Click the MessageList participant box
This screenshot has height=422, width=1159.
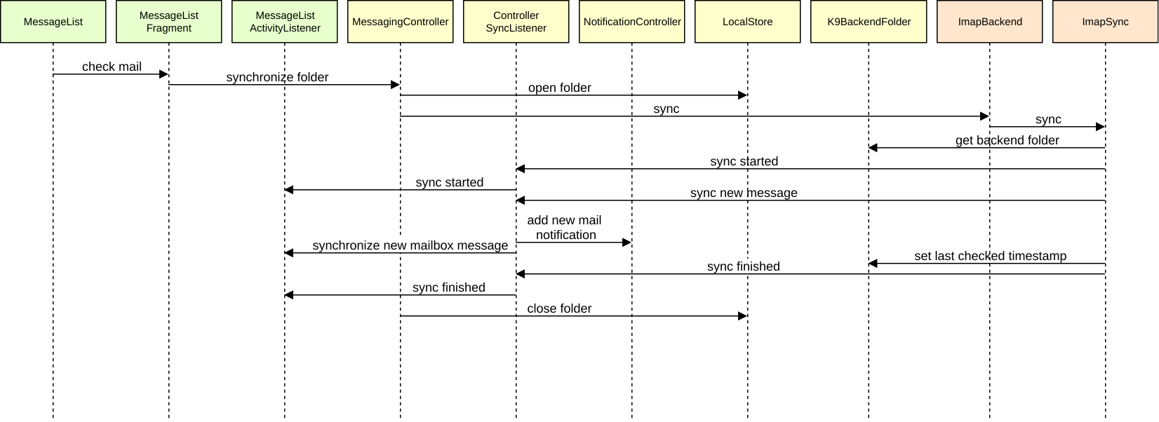point(53,22)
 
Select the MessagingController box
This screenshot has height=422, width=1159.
point(400,22)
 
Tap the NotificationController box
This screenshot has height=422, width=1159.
point(631,22)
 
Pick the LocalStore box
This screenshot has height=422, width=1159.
point(747,22)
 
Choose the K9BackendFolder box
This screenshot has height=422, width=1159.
point(869,22)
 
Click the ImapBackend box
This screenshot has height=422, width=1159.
point(989,22)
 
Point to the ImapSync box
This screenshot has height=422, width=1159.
point(1105,22)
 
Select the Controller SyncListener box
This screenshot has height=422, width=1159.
point(516,22)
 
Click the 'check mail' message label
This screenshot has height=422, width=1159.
point(112,67)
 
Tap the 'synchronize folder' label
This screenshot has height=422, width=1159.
point(277,77)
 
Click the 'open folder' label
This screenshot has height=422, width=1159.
point(559,88)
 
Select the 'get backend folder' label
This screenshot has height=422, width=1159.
point(1007,140)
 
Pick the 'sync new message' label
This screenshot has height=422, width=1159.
point(744,193)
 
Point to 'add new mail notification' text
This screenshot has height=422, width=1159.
point(565,228)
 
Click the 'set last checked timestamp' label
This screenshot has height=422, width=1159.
point(990,256)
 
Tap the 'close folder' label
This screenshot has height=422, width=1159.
point(559,308)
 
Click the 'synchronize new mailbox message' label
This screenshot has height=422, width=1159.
point(410,245)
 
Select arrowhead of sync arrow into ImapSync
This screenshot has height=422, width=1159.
point(1101,127)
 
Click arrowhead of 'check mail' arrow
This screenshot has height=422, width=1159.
point(164,74)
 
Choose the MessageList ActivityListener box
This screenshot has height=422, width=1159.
point(285,22)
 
